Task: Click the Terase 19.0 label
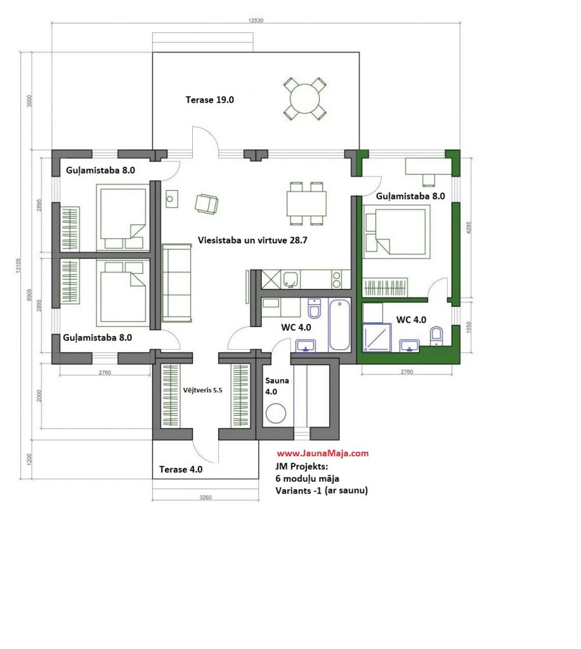click(x=209, y=100)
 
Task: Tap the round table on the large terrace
click(x=305, y=98)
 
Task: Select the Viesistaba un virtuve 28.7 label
click(x=252, y=240)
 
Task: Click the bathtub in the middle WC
click(x=339, y=325)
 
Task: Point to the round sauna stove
click(x=276, y=413)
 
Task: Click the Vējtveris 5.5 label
click(x=202, y=390)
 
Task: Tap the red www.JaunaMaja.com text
click(x=323, y=453)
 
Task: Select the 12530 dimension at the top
click(x=256, y=20)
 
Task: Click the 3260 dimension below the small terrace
click(x=206, y=497)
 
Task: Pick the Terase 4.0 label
click(x=181, y=470)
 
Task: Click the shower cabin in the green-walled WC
click(x=377, y=337)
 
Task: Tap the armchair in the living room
click(x=207, y=203)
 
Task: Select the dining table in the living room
click(x=306, y=203)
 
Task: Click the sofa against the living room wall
click(x=177, y=283)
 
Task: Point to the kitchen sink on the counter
click(x=290, y=280)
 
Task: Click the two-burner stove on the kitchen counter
click(x=337, y=280)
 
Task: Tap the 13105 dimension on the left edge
click(x=18, y=266)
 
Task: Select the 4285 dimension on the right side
click(x=469, y=228)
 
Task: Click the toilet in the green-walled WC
click(x=436, y=336)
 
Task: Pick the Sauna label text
click(x=277, y=380)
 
